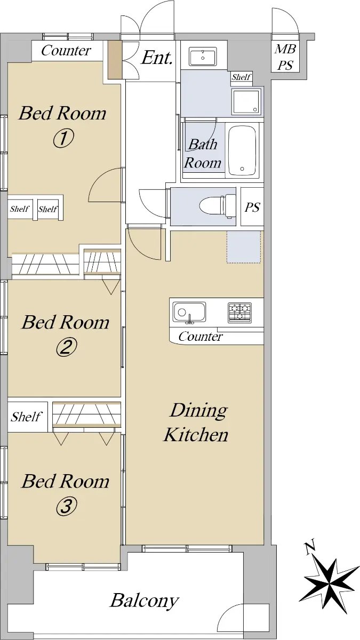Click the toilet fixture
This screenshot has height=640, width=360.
pos(218,206)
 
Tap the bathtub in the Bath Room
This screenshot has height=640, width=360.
pos(242,150)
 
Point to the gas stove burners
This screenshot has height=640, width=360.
pos(239,313)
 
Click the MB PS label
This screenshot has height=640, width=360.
pos(285,57)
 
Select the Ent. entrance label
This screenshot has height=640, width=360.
pos(157,58)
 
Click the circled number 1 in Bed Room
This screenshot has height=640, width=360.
pos(63,139)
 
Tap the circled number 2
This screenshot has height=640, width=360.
pos(66,347)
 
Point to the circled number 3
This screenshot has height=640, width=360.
pos(66,506)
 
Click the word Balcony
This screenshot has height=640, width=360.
pos(145,601)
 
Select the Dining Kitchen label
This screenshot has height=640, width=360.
pos(197,422)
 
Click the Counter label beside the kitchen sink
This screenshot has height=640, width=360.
pos(201,337)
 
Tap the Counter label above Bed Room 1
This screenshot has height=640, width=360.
pos(66,51)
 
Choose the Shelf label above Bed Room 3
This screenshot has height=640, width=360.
pos(26,417)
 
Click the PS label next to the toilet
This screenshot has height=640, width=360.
pos(252,207)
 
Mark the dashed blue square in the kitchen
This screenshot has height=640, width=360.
pos(244,247)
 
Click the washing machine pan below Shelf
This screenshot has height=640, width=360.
pos(247,101)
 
